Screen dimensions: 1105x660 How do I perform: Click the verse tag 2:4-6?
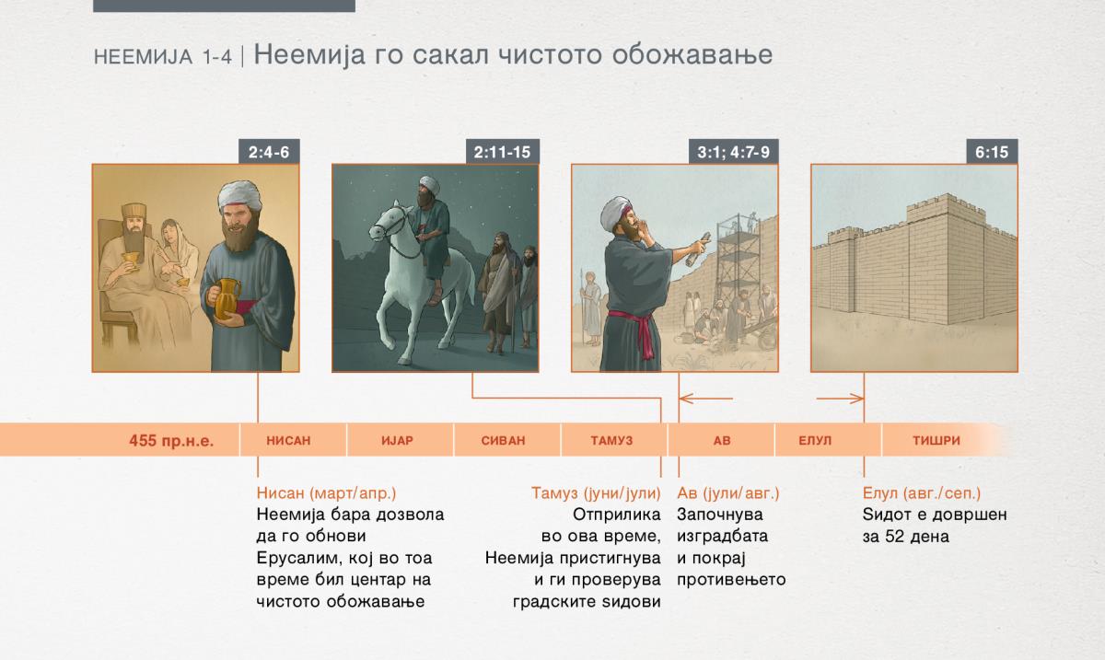269,152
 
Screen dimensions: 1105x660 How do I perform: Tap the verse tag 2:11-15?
502,152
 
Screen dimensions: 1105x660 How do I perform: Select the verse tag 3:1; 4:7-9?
733,152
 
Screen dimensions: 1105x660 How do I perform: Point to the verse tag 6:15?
992,152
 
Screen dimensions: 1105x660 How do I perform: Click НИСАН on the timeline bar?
288,441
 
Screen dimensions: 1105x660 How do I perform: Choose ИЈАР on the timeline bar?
397,441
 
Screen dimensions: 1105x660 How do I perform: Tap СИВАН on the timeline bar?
503,441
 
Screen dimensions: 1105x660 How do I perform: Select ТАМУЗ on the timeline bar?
611,441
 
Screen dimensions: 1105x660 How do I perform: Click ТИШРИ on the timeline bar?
936,441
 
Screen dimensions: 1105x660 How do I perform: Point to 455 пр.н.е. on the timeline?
171,441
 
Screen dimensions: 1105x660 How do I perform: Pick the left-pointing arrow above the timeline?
706,398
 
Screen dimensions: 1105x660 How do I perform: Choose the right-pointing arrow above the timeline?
840,398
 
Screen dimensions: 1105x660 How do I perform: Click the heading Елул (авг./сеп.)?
922,493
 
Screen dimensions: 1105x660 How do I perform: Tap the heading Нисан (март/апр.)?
326,493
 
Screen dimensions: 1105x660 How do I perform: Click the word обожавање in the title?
692,54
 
